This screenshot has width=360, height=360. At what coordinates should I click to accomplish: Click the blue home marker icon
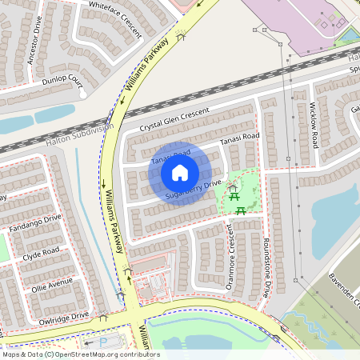coord(180,173)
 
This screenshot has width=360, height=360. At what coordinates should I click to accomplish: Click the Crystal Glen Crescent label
coord(174,120)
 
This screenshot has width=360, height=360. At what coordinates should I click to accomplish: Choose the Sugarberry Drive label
coord(193,190)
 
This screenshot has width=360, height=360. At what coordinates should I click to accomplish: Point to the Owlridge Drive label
coord(64,318)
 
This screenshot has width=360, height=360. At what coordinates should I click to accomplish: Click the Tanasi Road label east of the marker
coord(240,138)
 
